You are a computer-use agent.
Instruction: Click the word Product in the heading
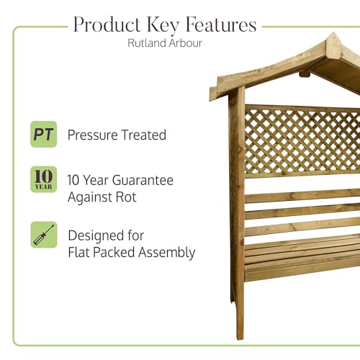click(x=107, y=24)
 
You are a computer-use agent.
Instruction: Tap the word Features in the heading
click(x=221, y=24)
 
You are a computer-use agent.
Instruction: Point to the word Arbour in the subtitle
click(x=185, y=42)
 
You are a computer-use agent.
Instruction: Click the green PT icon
click(x=44, y=134)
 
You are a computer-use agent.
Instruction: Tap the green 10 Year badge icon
click(x=44, y=179)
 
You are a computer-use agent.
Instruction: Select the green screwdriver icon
click(x=44, y=235)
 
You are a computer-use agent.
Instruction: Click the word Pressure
click(x=92, y=135)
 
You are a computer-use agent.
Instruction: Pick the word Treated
click(x=143, y=135)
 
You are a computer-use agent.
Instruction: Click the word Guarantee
click(x=143, y=180)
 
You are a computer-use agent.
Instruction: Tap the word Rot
click(x=126, y=197)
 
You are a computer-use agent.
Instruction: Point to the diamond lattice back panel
click(x=302, y=141)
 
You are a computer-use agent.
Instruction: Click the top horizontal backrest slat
click(x=302, y=196)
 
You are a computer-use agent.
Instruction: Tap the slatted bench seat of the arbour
click(x=302, y=258)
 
